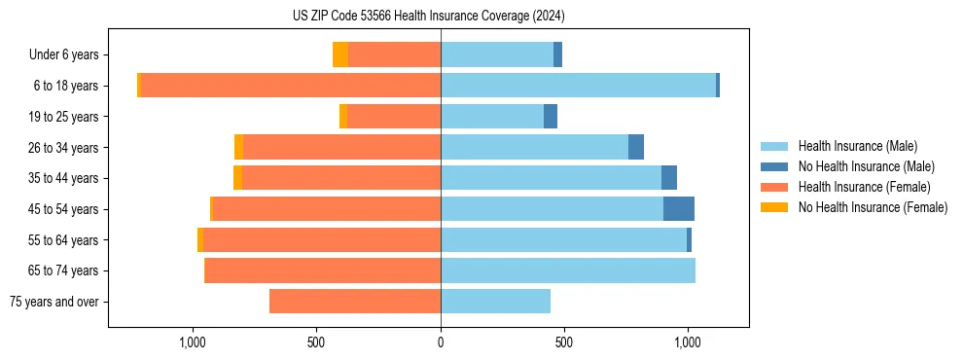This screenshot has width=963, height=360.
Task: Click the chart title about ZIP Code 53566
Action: (428, 16)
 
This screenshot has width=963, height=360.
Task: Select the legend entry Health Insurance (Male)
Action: (857, 146)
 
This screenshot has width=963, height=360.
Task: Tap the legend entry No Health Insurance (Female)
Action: (873, 207)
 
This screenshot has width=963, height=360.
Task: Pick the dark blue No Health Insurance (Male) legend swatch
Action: (775, 166)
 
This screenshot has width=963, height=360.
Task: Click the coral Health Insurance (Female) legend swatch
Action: (775, 187)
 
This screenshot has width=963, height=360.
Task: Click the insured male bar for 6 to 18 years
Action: (578, 86)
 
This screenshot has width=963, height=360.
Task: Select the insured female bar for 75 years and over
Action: (355, 302)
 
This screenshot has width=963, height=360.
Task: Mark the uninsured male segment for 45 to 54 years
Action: (679, 209)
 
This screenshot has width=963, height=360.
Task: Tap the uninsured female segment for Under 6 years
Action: (340, 55)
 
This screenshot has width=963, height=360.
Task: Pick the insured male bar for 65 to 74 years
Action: (568, 270)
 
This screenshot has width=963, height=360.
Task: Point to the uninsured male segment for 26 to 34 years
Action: (636, 148)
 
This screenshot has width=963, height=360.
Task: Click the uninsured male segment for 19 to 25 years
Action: (551, 117)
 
